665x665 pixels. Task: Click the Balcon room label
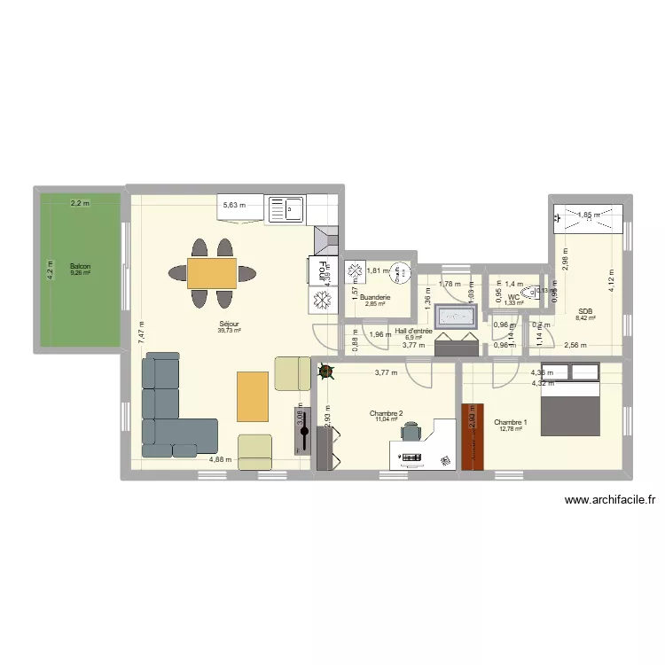tap(80, 265)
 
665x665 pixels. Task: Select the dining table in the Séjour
tap(212, 273)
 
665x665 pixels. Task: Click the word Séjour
tap(230, 325)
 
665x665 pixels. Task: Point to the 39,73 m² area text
tap(230, 331)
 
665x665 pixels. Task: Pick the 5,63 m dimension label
tap(234, 206)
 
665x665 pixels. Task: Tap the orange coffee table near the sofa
tap(253, 396)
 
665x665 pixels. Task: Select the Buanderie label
tap(376, 298)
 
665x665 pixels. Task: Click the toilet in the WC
tap(529, 293)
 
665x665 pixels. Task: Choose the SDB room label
tap(584, 311)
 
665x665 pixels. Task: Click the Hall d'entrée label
tap(414, 331)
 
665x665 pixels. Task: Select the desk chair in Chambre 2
tap(411, 431)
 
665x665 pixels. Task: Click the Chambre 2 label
tap(387, 413)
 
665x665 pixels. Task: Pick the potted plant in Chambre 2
tap(325, 372)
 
